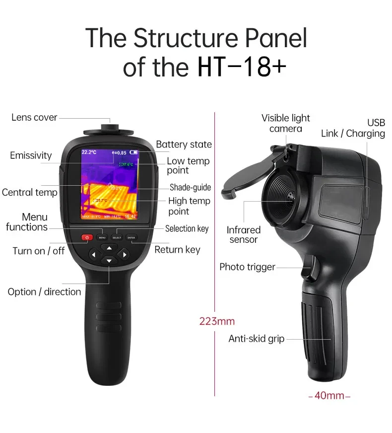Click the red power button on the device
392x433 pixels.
[87, 237]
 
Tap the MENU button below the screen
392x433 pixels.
[102, 237]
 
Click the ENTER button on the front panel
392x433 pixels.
[131, 237]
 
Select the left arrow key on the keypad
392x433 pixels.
[93, 255]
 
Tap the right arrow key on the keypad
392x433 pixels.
[125, 255]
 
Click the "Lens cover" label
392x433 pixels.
[34, 118]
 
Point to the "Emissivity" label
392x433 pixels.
[31, 156]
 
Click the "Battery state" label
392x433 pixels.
[184, 144]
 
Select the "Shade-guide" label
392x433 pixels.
[190, 187]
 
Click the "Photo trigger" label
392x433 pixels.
[247, 267]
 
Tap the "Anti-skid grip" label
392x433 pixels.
[256, 339]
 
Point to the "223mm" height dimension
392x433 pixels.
[217, 321]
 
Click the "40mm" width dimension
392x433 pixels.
[329, 396]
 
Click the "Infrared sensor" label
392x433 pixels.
[243, 235]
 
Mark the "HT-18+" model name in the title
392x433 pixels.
[242, 68]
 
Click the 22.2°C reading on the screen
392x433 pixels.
[89, 152]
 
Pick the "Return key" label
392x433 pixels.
[177, 250]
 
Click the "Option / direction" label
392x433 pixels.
[44, 292]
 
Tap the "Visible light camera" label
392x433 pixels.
[285, 123]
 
